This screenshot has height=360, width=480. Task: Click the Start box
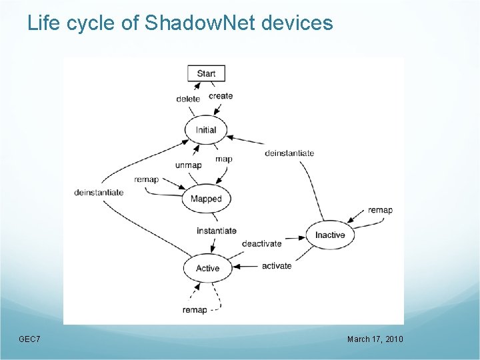206,73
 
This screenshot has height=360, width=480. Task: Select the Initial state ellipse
206,129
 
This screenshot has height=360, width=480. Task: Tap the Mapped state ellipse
206,199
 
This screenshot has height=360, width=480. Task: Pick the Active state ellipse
207,268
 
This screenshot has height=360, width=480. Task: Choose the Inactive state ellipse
330,235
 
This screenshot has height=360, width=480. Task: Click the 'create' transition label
221,96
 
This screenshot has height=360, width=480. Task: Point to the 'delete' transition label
188,99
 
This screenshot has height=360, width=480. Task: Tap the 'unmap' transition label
188,165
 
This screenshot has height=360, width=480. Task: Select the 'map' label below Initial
224,159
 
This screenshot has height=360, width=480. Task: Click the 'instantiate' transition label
217,231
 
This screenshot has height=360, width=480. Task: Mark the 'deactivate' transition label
261,243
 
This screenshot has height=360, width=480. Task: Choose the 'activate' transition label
277,266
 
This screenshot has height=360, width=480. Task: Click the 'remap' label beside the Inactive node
380,211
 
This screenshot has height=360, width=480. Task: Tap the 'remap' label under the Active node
195,310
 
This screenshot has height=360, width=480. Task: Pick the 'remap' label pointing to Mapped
147,180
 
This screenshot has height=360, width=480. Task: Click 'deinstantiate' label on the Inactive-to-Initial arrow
289,153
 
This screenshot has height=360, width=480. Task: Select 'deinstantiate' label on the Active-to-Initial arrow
99,193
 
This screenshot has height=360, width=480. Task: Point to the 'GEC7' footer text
29,340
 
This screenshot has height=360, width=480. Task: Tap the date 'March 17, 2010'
375,340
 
